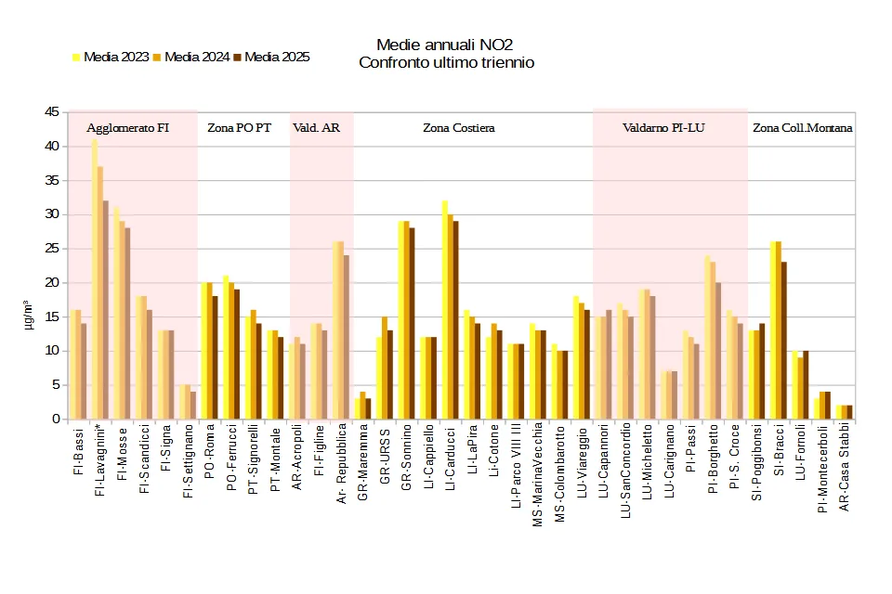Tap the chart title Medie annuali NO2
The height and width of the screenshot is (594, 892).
click(444, 45)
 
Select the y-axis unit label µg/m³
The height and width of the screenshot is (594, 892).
click(31, 316)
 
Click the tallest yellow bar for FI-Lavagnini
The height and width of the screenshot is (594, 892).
click(95, 278)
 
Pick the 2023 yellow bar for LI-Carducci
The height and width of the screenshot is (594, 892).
click(445, 310)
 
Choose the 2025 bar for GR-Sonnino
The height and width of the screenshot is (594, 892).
click(412, 324)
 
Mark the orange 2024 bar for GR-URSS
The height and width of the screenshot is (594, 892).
click(385, 368)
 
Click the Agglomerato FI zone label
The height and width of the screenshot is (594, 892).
click(128, 128)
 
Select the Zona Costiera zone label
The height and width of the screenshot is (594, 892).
click(459, 128)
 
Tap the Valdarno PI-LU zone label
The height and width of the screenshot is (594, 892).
click(663, 128)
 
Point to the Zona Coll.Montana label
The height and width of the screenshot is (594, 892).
click(802, 128)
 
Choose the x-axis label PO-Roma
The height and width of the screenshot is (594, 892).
click(209, 455)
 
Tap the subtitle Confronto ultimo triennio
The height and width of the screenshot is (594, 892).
click(446, 62)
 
